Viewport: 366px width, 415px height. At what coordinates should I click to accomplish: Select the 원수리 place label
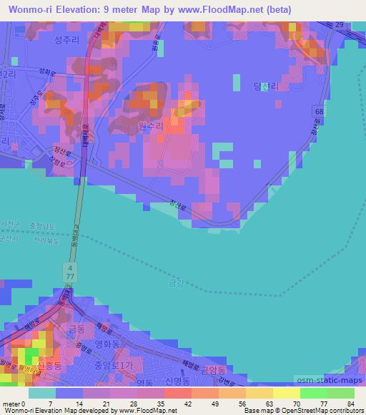click(x=150, y=125)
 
